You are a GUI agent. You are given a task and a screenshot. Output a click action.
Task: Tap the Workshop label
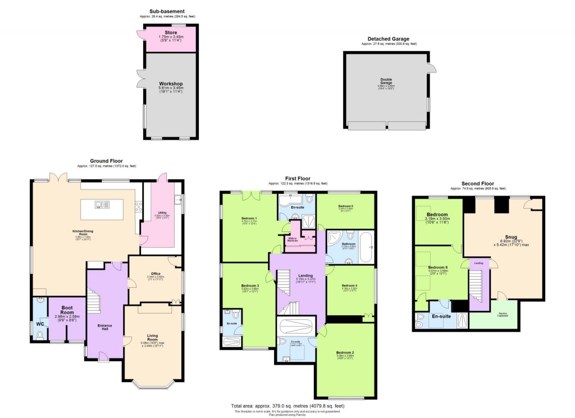click(x=171, y=84)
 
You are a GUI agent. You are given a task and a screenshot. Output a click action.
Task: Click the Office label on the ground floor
click(x=155, y=274)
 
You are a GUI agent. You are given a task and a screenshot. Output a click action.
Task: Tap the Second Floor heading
click(x=477, y=184)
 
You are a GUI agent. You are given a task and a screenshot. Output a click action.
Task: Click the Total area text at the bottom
click(x=287, y=406)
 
